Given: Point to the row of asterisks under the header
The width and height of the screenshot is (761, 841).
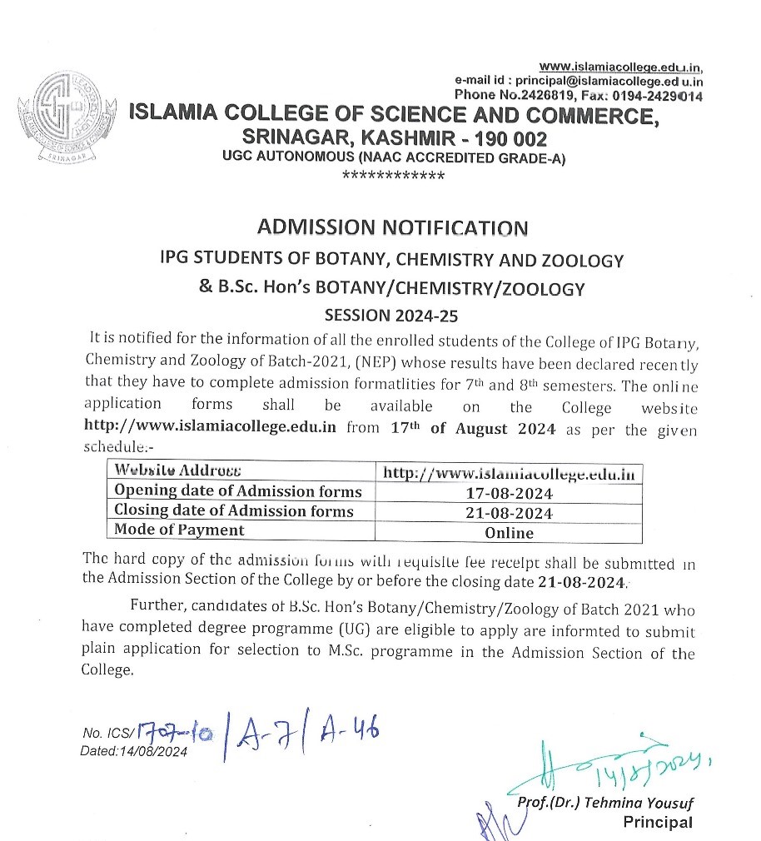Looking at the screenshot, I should click(393, 176).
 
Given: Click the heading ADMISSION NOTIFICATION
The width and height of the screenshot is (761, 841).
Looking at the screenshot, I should click(393, 227).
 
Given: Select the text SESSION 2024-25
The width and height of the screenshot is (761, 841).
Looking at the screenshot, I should click(393, 316).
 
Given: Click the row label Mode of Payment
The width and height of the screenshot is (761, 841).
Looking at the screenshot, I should click(180, 530).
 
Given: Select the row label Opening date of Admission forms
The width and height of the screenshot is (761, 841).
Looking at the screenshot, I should click(238, 491).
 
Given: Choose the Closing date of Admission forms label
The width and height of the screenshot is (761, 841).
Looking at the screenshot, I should click(234, 510).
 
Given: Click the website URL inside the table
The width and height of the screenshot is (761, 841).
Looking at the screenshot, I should click(509, 473).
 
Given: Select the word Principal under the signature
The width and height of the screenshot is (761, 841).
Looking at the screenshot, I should click(658, 823).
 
